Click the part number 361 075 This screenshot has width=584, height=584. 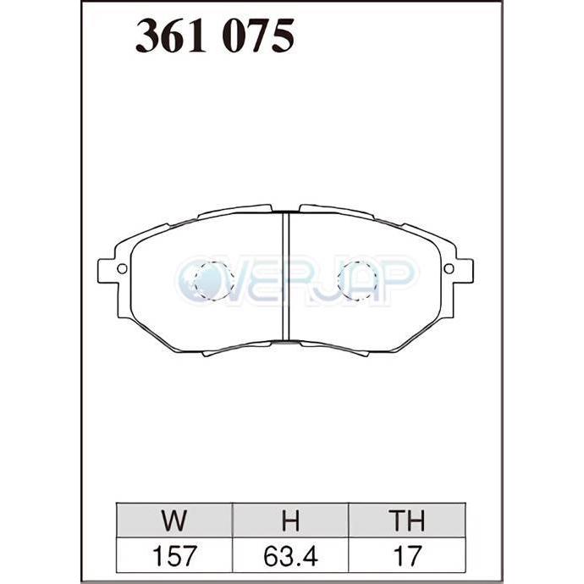(215, 36)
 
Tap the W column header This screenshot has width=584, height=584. (174, 521)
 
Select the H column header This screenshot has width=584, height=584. (290, 521)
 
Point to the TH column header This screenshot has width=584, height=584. (407, 521)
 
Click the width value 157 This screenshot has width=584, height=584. (174, 556)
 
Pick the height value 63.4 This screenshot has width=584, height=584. (290, 556)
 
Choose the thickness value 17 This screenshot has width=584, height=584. (408, 556)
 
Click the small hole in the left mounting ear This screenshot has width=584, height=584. (122, 268)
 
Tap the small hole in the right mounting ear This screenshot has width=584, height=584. (449, 268)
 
